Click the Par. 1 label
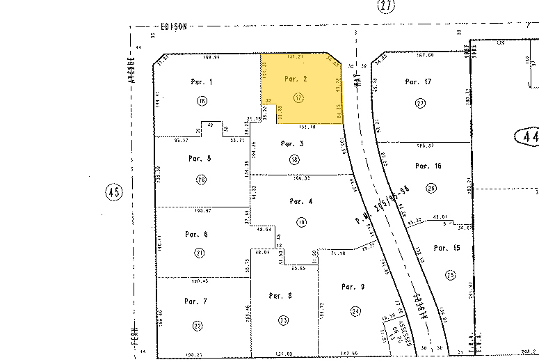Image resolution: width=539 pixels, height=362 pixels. click(201, 82)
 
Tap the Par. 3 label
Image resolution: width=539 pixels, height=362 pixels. click(291, 143)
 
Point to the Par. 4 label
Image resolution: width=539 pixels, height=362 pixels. click(300, 202)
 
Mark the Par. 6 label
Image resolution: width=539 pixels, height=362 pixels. click(196, 234)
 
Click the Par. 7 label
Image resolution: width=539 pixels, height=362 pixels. click(195, 301)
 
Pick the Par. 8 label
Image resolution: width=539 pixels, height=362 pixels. click(280, 296)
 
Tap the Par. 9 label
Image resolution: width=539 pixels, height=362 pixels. click(353, 286)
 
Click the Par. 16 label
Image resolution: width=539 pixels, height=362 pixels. click(428, 166)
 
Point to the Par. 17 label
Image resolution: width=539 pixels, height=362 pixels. click(418, 82)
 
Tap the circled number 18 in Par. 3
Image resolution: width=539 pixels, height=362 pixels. click(294, 159)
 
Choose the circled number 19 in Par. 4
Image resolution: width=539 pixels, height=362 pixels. click(301, 223)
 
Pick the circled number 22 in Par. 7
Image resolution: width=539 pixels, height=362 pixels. click(198, 326)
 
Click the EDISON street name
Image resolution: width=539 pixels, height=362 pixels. click(173, 27)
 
